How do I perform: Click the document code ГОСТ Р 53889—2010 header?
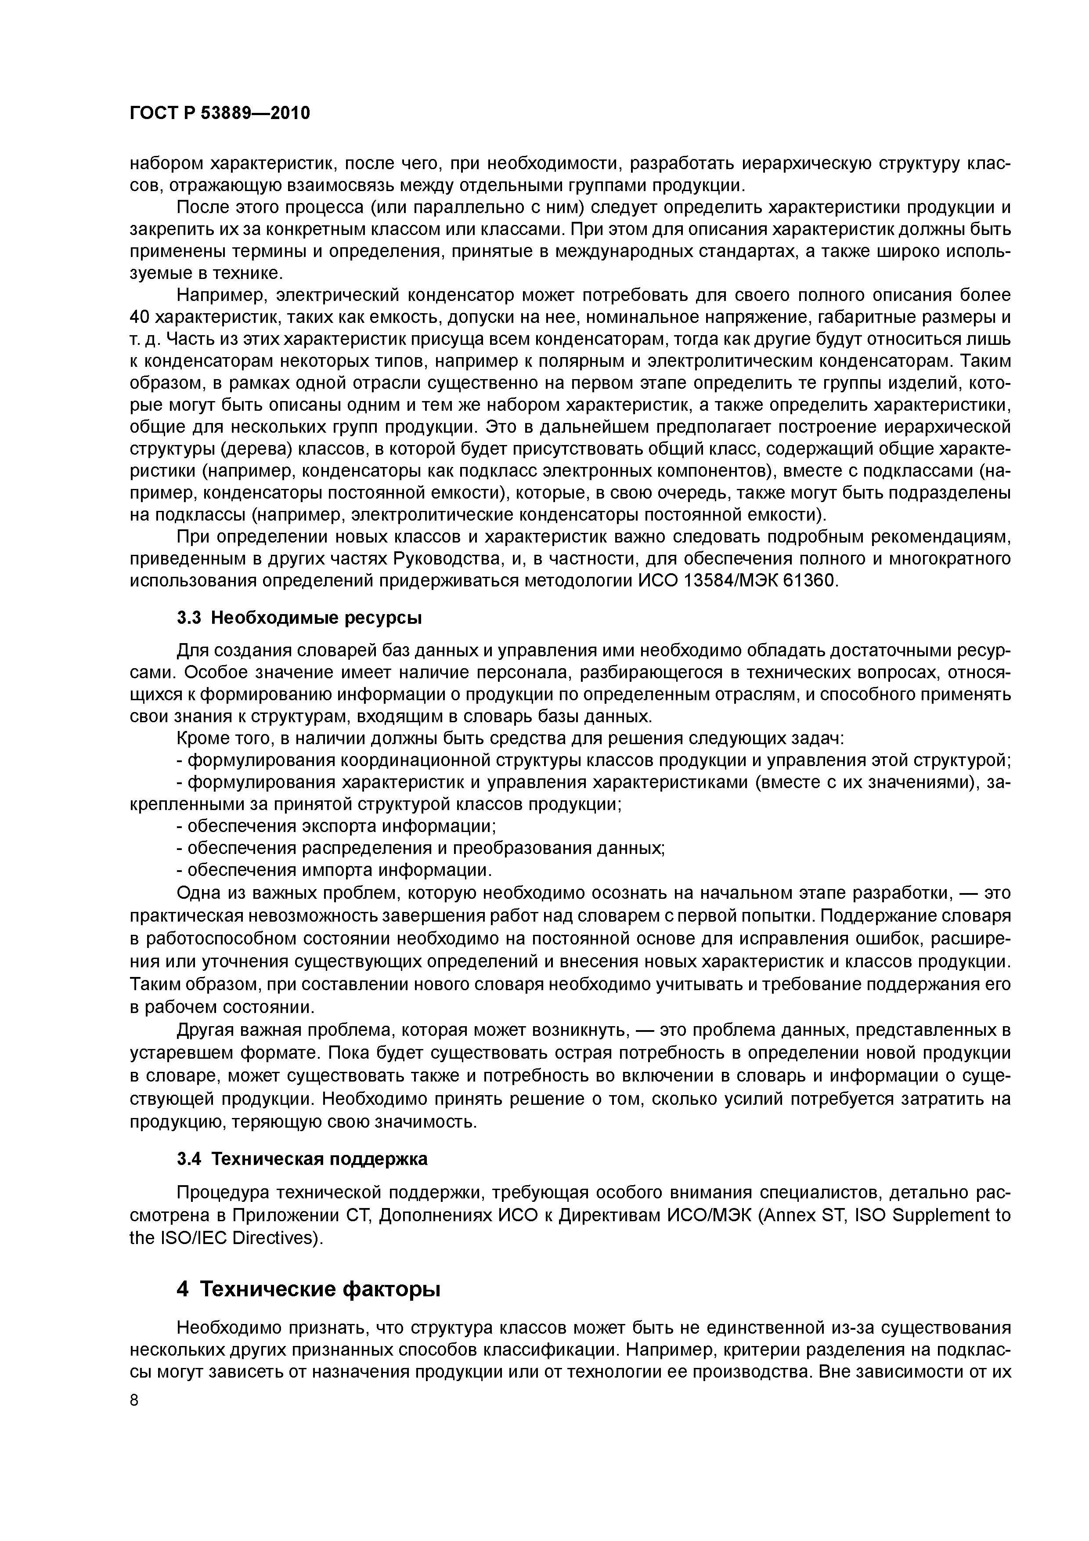(x=220, y=113)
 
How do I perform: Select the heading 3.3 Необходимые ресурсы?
(x=299, y=618)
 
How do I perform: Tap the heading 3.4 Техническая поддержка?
(x=302, y=1159)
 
